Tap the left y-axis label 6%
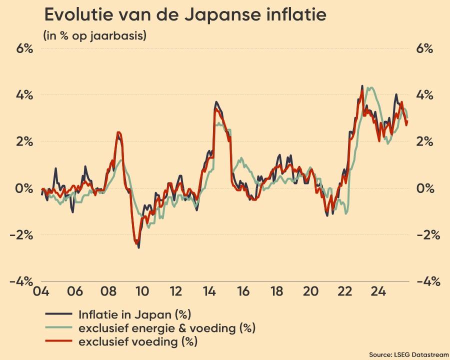pos(23,48)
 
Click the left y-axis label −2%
pos(21,234)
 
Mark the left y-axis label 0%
pos(23,188)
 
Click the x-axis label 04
pos(40,291)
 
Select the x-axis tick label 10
pos(141,291)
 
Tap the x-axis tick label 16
pos(243,291)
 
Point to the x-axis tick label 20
pos(310,291)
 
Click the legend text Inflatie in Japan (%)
pos(135,314)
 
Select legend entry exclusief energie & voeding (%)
pos(166,328)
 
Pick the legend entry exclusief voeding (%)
pos(137,342)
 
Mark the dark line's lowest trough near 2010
pos(138,247)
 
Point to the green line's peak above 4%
pos(370,88)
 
